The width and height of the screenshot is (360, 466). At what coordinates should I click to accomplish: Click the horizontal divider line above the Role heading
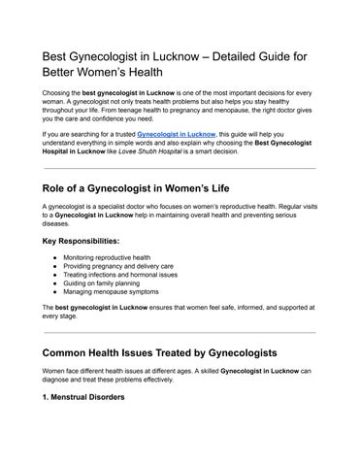180,169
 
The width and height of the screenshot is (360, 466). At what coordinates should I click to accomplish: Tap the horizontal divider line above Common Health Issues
180,332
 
